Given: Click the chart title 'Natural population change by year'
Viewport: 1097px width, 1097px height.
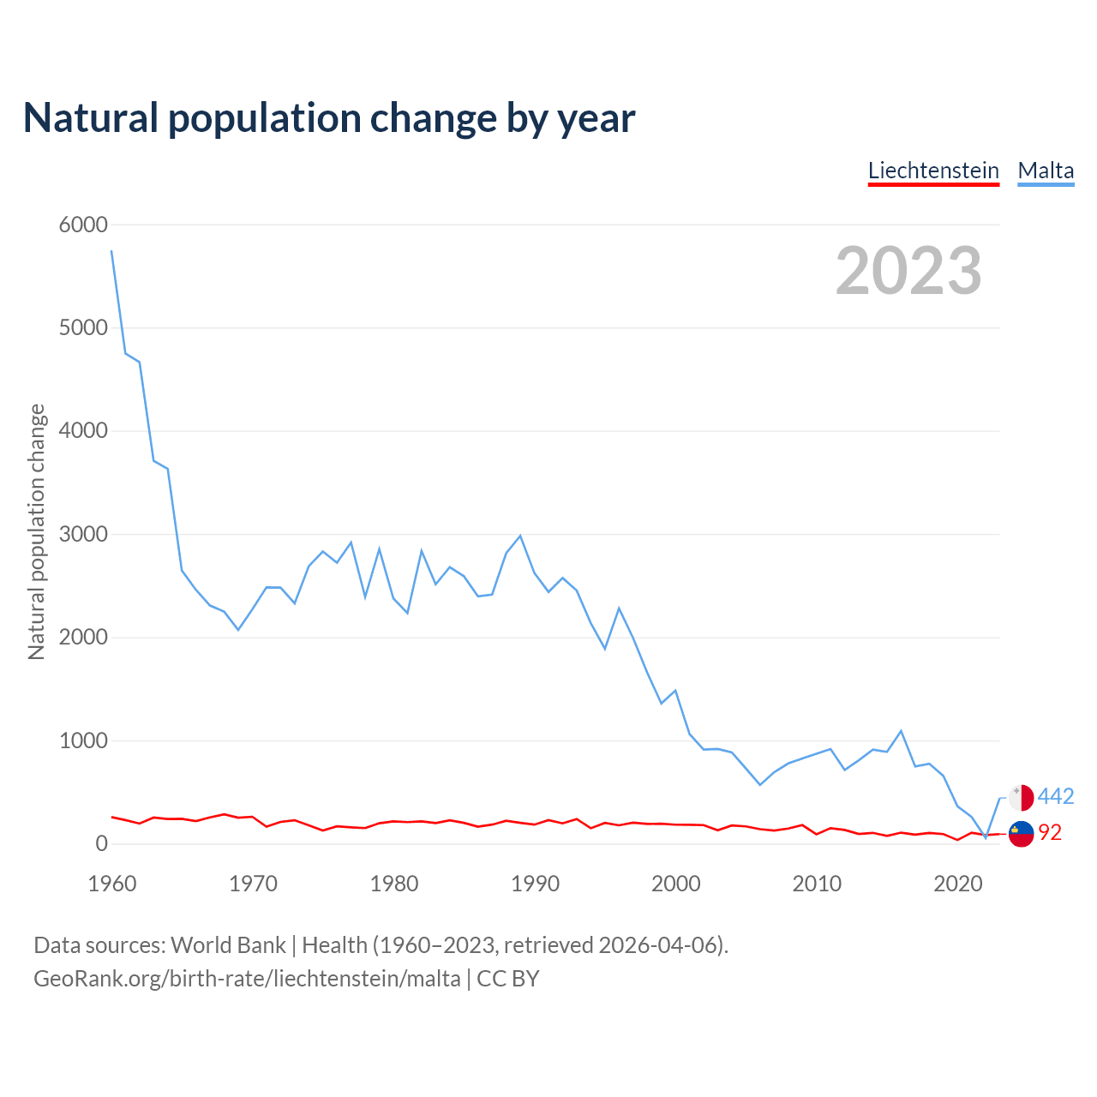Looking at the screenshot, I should (329, 118).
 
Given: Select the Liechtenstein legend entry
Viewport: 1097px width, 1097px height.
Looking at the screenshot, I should (933, 171).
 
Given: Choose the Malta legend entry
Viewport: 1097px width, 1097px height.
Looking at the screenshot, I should (1046, 171).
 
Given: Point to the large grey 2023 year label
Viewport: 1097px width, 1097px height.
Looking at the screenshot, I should (908, 271).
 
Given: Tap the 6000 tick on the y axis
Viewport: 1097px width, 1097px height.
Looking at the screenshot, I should (83, 225).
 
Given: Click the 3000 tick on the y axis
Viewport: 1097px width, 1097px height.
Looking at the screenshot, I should (83, 534).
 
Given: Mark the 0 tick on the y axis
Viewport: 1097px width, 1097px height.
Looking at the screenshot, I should (102, 843).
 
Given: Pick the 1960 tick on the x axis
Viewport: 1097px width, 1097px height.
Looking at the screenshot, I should (112, 884).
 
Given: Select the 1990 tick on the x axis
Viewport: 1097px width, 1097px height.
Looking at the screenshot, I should (535, 884).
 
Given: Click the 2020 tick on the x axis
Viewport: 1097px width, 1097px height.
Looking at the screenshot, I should (957, 884).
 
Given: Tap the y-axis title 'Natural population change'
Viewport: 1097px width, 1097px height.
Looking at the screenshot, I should (37, 532).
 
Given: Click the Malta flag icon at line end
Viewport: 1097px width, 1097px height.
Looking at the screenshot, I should (1022, 797).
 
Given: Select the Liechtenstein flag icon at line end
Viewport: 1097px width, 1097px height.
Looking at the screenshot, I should (1022, 833).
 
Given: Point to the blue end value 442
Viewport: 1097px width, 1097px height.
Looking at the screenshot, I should (1056, 797).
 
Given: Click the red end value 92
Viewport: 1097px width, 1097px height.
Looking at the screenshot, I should (1050, 833).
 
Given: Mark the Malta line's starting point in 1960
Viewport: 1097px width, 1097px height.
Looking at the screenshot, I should (112, 251).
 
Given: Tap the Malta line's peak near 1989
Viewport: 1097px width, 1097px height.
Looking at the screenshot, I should (520, 536).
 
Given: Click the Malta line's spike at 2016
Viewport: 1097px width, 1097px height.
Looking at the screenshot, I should (901, 731).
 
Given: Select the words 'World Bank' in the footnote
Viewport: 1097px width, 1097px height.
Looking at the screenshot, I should (228, 945).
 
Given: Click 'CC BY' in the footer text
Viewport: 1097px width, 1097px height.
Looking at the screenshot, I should (508, 979).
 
